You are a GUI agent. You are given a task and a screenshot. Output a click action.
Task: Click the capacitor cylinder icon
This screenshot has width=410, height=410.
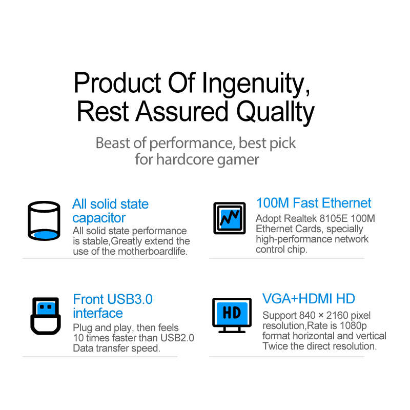pyautogui.click(x=44, y=220)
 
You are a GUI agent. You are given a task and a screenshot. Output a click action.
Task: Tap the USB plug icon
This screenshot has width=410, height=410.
pyautogui.click(x=46, y=316)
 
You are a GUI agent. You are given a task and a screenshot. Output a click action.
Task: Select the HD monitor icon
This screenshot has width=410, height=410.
pyautogui.click(x=232, y=315)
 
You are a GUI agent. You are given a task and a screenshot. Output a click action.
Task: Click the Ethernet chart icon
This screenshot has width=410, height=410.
pyautogui.click(x=229, y=218)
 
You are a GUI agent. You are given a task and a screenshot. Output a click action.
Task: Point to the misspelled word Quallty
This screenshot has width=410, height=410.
pyautogui.click(x=275, y=112)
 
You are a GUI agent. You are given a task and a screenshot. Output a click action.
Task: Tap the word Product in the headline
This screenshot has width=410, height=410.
pyautogui.click(x=117, y=83)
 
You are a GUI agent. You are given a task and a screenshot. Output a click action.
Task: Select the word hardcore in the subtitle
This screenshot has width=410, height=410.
pyautogui.click(x=185, y=159)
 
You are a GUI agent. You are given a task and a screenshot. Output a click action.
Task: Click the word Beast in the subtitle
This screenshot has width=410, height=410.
pyautogui.click(x=113, y=143)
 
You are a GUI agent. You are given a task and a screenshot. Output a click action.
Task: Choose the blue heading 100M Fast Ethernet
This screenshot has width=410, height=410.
pyautogui.click(x=314, y=203)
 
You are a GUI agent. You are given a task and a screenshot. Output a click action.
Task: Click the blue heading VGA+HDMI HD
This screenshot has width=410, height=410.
pyautogui.click(x=309, y=299)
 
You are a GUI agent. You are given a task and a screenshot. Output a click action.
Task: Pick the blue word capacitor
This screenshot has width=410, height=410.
pyautogui.click(x=99, y=218)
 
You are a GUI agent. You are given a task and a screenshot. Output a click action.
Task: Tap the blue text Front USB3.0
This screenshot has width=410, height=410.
pyautogui.click(x=113, y=299)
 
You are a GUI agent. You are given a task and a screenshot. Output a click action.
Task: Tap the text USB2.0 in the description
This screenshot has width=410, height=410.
pyautogui.click(x=177, y=338)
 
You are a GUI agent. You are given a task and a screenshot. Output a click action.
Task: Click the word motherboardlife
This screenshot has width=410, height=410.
pyautogui.click(x=153, y=251)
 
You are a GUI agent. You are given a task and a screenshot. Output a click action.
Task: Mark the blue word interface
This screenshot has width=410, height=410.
pyautogui.click(x=98, y=313)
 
